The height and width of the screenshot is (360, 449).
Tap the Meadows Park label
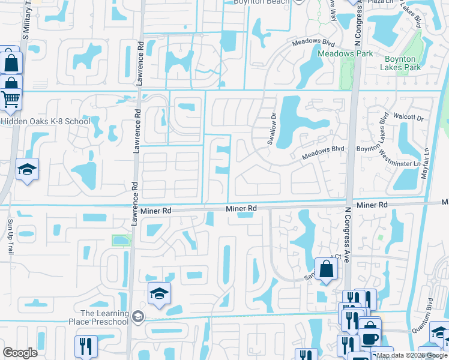(345, 53)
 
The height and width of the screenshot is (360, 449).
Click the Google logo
(20, 353)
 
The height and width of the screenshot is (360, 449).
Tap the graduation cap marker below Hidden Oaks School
(27, 171)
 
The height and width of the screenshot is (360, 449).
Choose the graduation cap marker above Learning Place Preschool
(159, 293)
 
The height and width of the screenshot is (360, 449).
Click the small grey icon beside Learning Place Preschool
(137, 316)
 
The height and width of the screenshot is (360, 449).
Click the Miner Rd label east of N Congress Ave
(373, 205)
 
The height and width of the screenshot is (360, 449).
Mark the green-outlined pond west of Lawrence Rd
(121, 241)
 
